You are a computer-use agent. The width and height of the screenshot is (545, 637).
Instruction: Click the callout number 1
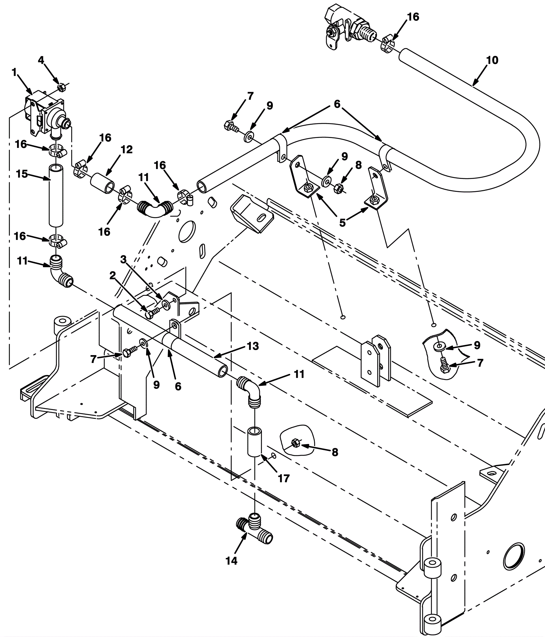(14, 72)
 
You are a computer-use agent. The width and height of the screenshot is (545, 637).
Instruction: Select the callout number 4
(41, 60)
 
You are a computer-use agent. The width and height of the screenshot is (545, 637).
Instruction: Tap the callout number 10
(492, 60)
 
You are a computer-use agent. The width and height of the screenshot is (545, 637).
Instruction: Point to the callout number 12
(126, 150)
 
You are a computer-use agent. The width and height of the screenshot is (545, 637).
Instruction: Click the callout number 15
(22, 174)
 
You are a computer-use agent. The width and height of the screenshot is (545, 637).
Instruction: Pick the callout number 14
(231, 560)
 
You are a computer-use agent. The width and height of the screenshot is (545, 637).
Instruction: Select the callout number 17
(283, 479)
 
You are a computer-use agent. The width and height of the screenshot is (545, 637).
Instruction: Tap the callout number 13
(253, 346)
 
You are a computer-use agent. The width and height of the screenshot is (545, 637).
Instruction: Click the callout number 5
(342, 223)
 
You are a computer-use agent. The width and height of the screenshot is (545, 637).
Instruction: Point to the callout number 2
(112, 276)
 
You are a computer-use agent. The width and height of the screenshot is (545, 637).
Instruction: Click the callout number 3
(123, 260)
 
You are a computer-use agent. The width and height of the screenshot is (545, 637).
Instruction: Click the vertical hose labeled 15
(56, 195)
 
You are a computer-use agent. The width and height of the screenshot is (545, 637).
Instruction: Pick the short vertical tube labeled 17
(254, 441)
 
